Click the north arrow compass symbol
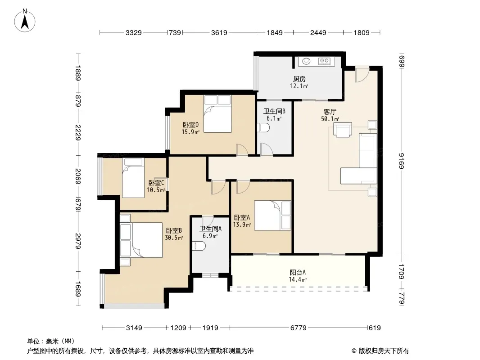pos(25,21)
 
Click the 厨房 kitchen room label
pos(299,79)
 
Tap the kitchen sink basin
pos(307,62)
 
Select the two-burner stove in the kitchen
pos(325,62)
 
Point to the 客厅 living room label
pos(330,112)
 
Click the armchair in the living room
pos(343,130)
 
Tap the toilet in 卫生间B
pos(263,128)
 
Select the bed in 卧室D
pos(217,114)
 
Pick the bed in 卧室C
pos(133,178)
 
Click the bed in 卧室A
pos(272,216)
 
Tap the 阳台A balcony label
pos(298,272)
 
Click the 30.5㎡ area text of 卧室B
pos(174,238)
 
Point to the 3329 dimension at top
pos(133,32)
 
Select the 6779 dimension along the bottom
pos(298,328)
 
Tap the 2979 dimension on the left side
pos(78,241)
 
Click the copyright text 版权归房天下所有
pos(384,351)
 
